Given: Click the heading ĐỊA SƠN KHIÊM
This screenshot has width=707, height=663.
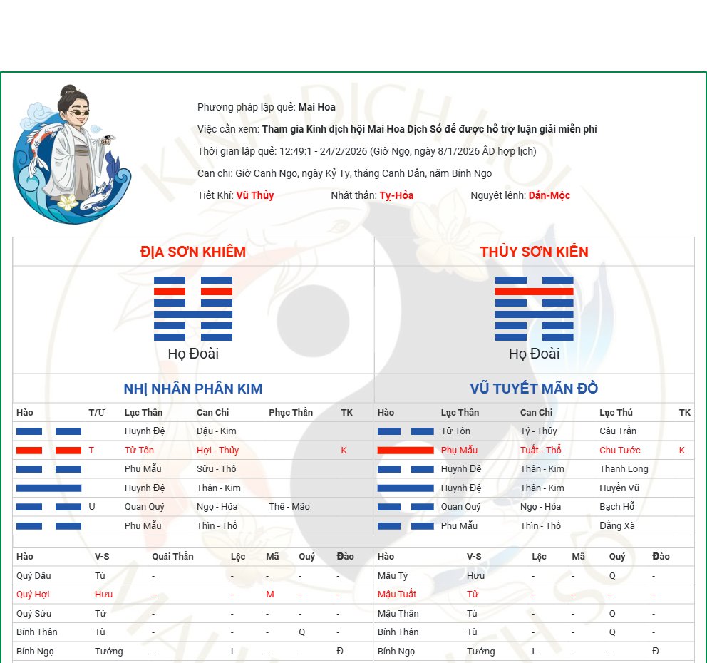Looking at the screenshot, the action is (193, 252).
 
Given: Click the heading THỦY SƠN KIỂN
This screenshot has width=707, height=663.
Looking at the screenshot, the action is (534, 252).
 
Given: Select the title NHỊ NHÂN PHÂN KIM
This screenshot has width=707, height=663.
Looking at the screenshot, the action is (193, 389).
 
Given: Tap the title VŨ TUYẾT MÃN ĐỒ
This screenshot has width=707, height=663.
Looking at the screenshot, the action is (534, 389).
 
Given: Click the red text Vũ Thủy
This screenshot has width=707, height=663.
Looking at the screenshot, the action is (254, 195).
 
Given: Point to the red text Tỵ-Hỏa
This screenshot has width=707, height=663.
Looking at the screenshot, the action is (396, 195).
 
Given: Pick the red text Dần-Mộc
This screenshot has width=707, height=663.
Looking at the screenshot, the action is (549, 195).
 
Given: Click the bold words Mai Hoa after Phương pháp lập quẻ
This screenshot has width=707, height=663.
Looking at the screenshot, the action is (316, 107).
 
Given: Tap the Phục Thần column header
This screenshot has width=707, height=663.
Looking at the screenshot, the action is (291, 412).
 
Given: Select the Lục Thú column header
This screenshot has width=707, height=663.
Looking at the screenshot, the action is (616, 412).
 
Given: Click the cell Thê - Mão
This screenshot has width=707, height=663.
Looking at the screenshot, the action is (289, 506).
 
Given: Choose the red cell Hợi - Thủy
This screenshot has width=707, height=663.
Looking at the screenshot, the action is (218, 450).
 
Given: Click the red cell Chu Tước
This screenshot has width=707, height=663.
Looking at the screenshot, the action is (619, 450).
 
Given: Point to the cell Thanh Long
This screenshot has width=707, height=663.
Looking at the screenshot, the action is (624, 469).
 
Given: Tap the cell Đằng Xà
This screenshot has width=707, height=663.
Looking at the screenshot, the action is (616, 525).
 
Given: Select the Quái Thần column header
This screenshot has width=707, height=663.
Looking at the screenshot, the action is (172, 557).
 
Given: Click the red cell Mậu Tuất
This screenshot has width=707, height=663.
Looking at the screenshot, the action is (397, 594).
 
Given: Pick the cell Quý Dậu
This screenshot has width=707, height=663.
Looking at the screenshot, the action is (33, 575).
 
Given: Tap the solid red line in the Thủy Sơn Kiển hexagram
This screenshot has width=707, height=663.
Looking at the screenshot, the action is (535, 292).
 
